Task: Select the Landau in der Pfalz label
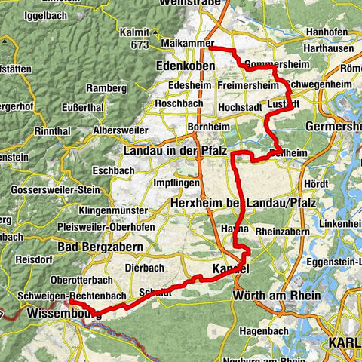(x=175, y=152)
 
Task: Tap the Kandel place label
(x=230, y=268)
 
